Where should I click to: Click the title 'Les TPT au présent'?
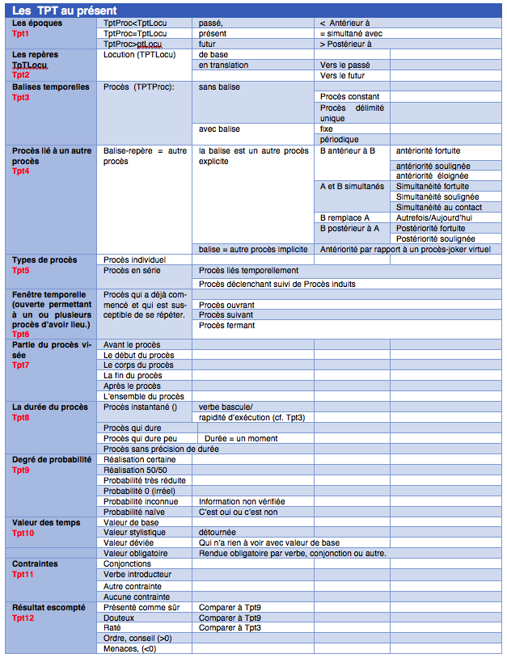click(65, 9)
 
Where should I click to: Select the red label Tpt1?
click(20, 34)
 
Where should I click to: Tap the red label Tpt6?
click(20, 334)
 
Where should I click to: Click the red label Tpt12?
click(23, 618)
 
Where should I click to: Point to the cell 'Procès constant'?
click(349, 97)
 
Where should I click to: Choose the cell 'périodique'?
click(339, 139)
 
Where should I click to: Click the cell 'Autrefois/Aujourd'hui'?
click(434, 218)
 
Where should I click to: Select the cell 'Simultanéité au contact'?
click(439, 207)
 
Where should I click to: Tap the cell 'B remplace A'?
click(344, 218)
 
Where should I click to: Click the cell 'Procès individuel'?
click(134, 259)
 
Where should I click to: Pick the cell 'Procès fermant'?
click(226, 325)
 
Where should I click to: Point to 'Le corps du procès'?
click(138, 365)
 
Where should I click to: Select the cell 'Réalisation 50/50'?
click(135, 470)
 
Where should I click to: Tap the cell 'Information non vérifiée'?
click(242, 501)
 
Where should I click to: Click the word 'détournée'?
click(218, 533)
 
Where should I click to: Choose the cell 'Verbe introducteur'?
click(137, 575)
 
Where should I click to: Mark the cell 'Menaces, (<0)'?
click(131, 648)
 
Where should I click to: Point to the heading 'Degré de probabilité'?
click(51, 459)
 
